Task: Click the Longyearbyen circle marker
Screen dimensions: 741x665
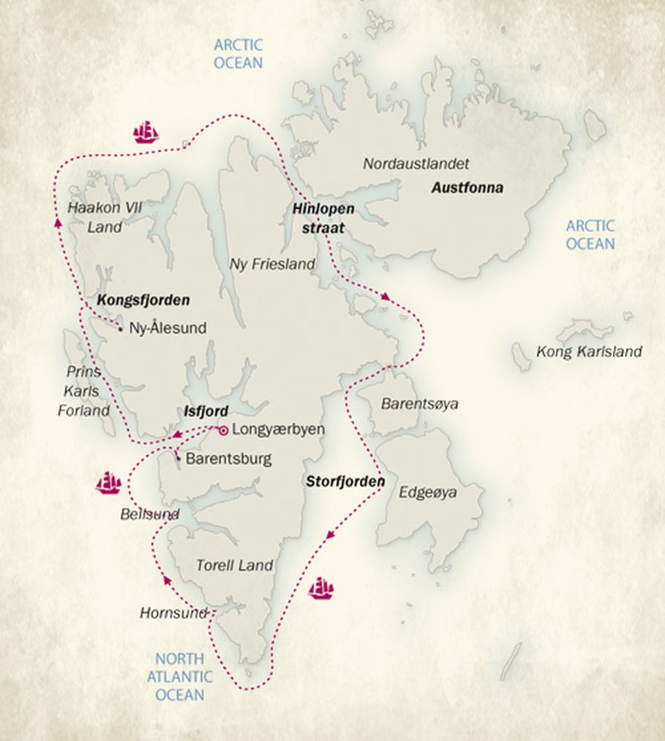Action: (223, 430)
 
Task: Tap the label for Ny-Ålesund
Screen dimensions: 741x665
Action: (167, 328)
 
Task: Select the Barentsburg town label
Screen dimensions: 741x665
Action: (228, 459)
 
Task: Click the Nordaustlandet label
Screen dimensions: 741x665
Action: (416, 163)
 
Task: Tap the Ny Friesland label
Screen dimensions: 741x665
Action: (272, 264)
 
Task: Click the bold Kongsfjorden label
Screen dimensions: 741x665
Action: (143, 301)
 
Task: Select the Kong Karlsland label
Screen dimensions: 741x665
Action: (589, 352)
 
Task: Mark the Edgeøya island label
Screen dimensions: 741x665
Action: (428, 492)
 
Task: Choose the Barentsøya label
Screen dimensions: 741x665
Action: (419, 404)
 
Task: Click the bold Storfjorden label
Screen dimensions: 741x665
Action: (345, 482)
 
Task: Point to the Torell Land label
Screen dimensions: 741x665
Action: (234, 565)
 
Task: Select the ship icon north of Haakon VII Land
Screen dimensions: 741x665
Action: (146, 133)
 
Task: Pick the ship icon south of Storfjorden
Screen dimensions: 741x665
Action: (321, 588)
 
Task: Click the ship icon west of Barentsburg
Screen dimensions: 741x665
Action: (108, 483)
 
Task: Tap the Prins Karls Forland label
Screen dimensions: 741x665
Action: (84, 391)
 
